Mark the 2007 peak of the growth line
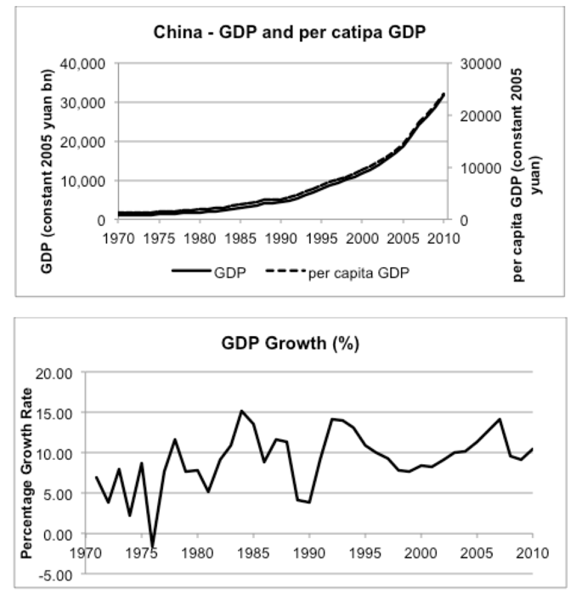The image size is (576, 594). pos(500,419)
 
